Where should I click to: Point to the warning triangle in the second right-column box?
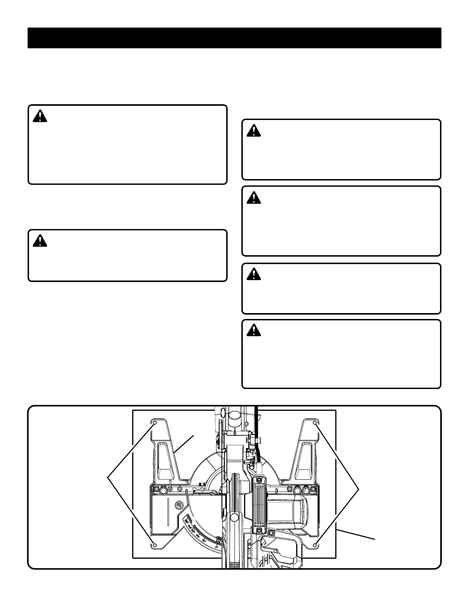tap(253, 197)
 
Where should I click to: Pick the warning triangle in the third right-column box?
tap(253, 274)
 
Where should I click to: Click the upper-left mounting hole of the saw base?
tap(155, 423)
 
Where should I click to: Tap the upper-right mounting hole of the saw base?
tap(315, 423)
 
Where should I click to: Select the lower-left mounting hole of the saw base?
tap(154, 545)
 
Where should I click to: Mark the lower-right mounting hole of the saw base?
tap(315, 545)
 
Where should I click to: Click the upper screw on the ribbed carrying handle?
tap(259, 479)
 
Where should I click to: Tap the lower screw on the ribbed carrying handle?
tap(259, 530)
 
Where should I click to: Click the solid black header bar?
tap(235, 38)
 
